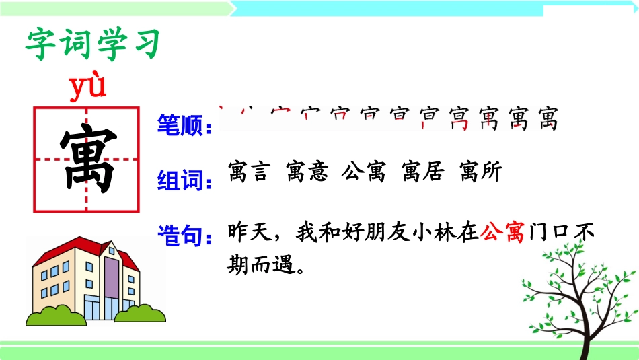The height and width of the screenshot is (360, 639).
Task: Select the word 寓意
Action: pos(307,173)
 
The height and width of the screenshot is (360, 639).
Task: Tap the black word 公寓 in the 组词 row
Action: pos(364,173)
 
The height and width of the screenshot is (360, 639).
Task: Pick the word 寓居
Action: pos(422,173)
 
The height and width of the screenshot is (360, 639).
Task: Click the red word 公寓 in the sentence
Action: pos(502,233)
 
